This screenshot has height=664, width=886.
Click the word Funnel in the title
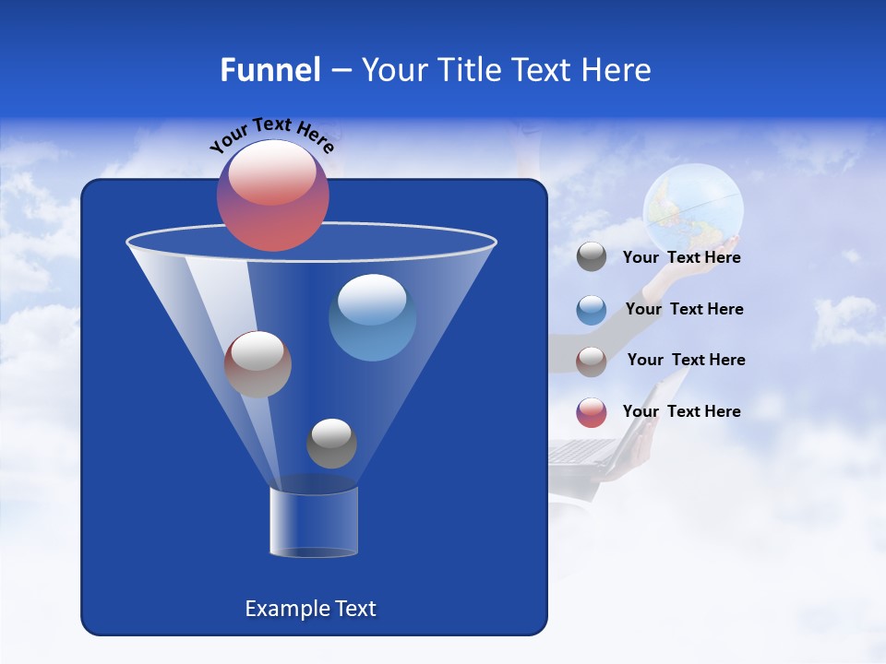click(269, 70)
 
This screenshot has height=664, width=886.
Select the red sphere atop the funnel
click(272, 196)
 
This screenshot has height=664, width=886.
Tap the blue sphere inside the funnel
click(372, 317)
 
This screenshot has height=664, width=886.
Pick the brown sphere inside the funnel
click(257, 364)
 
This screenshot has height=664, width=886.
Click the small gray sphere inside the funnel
click(331, 444)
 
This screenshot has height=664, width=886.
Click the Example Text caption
click(310, 609)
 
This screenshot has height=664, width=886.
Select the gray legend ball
click(592, 257)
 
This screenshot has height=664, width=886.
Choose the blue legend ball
click(592, 310)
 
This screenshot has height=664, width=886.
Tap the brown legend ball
click(592, 362)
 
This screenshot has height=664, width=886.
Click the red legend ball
click(592, 412)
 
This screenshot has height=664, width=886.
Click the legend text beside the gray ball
click(681, 258)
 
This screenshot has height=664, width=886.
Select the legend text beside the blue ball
click(684, 310)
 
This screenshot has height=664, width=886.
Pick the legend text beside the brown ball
click(686, 361)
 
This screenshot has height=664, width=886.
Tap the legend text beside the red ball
click(681, 411)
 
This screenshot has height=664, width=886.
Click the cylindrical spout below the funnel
click(314, 522)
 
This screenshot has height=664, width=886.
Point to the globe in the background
click(693, 208)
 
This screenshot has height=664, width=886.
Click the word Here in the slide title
click(613, 70)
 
